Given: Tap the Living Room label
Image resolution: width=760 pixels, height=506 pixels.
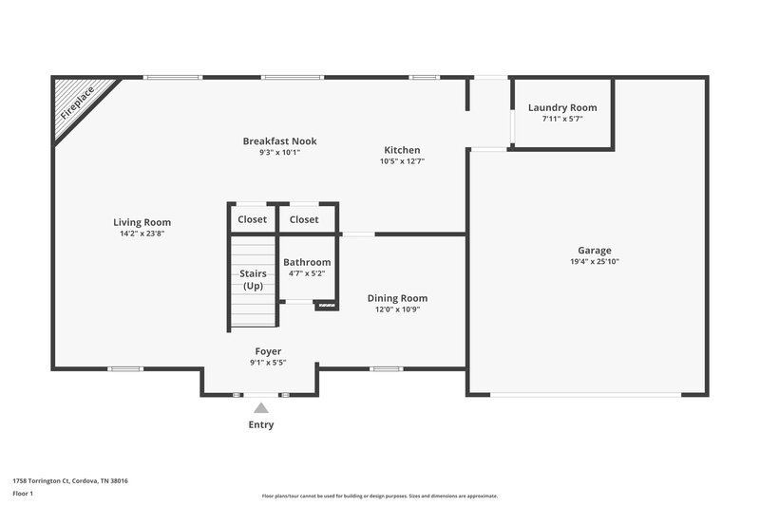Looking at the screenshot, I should pos(142,222).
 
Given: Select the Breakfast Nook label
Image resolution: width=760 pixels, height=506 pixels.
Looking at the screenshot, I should pos(279,141).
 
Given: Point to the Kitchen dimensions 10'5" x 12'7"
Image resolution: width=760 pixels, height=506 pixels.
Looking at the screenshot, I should pos(402,161).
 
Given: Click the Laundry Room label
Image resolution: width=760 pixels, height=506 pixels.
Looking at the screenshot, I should pos(562,107).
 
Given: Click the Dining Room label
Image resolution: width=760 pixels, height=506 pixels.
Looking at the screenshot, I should pos(397,298).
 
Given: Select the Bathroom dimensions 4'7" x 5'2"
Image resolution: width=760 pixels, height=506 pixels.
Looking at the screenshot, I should pos(307,273).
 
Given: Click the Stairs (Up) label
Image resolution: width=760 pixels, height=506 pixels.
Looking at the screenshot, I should pos(253,280).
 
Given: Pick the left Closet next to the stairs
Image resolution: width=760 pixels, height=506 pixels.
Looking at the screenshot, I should pos(252,219).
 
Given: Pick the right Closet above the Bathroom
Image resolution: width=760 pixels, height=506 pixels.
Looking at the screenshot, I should pos(304,219).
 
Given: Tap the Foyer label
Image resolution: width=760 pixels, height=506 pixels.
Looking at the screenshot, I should pos(268,351).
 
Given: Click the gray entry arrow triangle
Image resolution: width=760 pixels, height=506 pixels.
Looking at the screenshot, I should pos(260,407).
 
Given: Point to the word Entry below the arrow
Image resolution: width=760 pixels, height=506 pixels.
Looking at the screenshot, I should pos(261,424).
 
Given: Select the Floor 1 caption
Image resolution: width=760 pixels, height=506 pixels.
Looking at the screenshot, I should pos(24,494).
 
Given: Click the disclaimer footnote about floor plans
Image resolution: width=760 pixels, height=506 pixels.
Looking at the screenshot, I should pos(380,496).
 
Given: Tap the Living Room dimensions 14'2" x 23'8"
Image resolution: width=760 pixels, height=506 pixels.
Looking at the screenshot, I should pos(142,233).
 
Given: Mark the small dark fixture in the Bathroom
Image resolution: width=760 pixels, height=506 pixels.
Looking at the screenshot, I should pos(327,306).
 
